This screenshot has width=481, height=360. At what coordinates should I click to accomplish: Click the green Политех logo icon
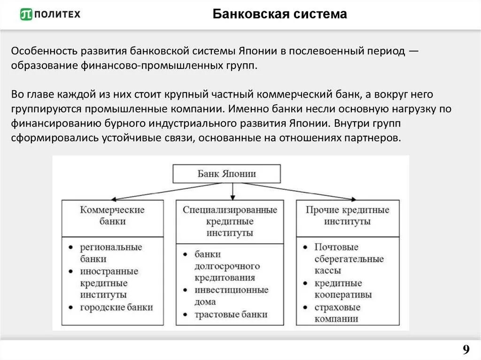[26, 15]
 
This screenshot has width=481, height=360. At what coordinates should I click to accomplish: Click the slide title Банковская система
[279, 14]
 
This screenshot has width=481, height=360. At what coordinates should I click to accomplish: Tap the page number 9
[466, 350]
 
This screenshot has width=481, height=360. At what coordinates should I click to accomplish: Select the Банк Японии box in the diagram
[227, 174]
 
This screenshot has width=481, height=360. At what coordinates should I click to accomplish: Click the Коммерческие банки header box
[113, 215]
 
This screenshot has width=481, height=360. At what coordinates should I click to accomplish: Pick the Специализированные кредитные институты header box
[230, 221]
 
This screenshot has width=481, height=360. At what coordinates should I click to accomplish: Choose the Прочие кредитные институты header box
[347, 215]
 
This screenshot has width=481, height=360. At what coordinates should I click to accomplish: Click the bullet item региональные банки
[110, 253]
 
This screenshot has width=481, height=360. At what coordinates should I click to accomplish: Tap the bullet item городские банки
[116, 307]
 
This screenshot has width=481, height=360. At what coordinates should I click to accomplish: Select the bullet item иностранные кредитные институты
[109, 283]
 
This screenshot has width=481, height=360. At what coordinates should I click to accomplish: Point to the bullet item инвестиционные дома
[231, 296]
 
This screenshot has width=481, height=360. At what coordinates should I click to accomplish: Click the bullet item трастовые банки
[231, 314]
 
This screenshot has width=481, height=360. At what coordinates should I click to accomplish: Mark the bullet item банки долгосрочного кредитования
[227, 266]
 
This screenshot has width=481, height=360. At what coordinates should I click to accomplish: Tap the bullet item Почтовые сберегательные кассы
[349, 259]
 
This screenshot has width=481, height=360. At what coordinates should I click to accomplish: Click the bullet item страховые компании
[337, 313]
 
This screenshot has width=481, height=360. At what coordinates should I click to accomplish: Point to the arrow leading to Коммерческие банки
[160, 191]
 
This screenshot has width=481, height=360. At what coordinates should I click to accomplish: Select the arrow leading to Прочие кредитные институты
[301, 191]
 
